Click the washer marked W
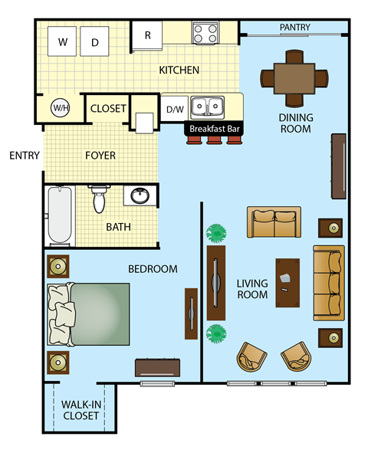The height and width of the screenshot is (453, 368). coord(62,41)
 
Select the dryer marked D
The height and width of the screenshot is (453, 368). coord(95,41)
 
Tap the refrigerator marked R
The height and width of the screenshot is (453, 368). coord(147,35)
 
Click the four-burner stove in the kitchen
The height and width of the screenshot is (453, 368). coord(205,33)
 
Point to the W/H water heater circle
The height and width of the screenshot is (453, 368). coord(60,108)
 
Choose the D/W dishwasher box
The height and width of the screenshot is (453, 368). coord(175,109)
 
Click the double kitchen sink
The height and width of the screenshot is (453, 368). coord(206,106)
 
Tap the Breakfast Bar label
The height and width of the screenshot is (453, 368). coord(215,130)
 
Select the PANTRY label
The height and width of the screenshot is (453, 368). coord(294,28)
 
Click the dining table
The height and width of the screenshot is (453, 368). coord(294,77)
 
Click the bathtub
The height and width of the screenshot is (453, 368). coord(59,216)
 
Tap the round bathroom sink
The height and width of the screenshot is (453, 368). coord(140,196)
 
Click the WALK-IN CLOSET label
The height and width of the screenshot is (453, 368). coord(80,410)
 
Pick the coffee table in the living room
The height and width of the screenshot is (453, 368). coord(287,281)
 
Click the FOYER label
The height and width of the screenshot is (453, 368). coord(100,156)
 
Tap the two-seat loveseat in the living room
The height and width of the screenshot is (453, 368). coord(274,222)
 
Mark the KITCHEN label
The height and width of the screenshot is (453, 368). coord(179,71)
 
